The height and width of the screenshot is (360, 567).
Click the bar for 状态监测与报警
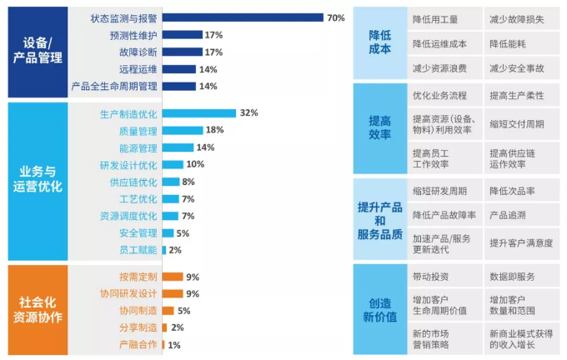[x=242, y=17]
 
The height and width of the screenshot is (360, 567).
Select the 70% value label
[x=336, y=17]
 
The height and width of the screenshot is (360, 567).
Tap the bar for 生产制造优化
[x=198, y=112]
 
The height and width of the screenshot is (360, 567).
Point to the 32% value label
[x=248, y=112]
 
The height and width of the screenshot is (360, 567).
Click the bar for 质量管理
[x=182, y=130]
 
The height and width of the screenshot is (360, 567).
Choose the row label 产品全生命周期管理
[x=115, y=86]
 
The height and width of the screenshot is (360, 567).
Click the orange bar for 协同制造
[x=168, y=311]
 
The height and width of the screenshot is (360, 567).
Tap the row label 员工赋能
[x=138, y=250]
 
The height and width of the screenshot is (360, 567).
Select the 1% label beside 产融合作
[x=173, y=345]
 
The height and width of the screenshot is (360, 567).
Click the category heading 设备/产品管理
[x=38, y=51]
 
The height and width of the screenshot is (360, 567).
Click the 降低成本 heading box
[x=379, y=42]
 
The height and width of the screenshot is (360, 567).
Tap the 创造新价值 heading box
[x=379, y=309]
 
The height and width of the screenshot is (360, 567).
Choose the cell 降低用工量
[x=434, y=17]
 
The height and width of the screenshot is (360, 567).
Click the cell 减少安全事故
[x=517, y=67]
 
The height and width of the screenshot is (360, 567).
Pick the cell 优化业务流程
[x=439, y=97]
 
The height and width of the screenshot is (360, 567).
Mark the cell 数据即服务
[x=512, y=277]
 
